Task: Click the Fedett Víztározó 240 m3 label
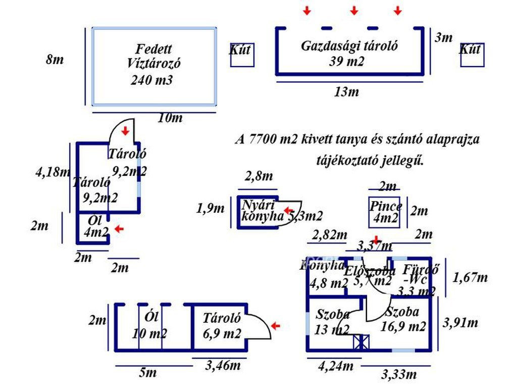point(154,64)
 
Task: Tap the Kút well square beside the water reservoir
point(242,55)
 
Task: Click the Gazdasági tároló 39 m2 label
point(349,53)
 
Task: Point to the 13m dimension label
point(346,91)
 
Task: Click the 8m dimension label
point(55,60)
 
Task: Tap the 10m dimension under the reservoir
point(170,118)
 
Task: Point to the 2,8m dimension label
point(258,176)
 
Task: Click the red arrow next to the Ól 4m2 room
point(119,229)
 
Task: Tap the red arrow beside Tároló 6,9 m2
point(275,326)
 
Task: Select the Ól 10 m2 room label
point(149,325)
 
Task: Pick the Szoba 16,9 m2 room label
point(402,319)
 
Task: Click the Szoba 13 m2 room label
point(333,322)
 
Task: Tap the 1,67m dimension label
point(471,277)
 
